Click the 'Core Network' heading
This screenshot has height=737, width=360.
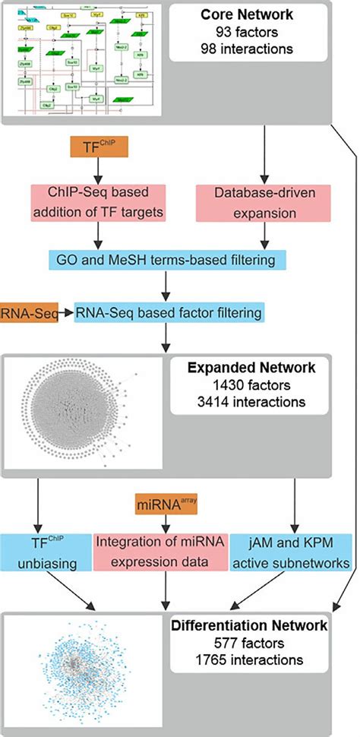click(x=257, y=16)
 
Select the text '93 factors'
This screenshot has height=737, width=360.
click(x=257, y=33)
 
